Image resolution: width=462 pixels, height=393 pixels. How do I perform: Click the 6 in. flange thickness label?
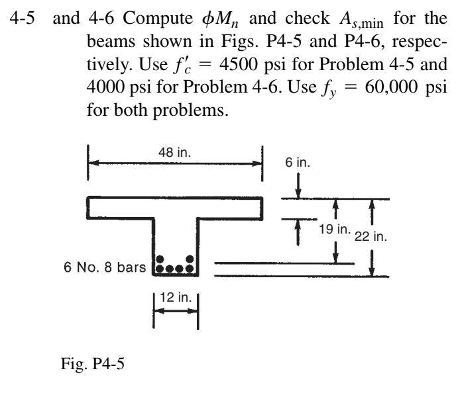tap(299, 161)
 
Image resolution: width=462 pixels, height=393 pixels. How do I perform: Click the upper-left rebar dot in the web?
tap(158, 259)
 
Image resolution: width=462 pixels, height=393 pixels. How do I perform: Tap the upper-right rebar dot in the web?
tap(190, 259)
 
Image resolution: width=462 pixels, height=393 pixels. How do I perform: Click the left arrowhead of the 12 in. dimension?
tap(158, 312)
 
